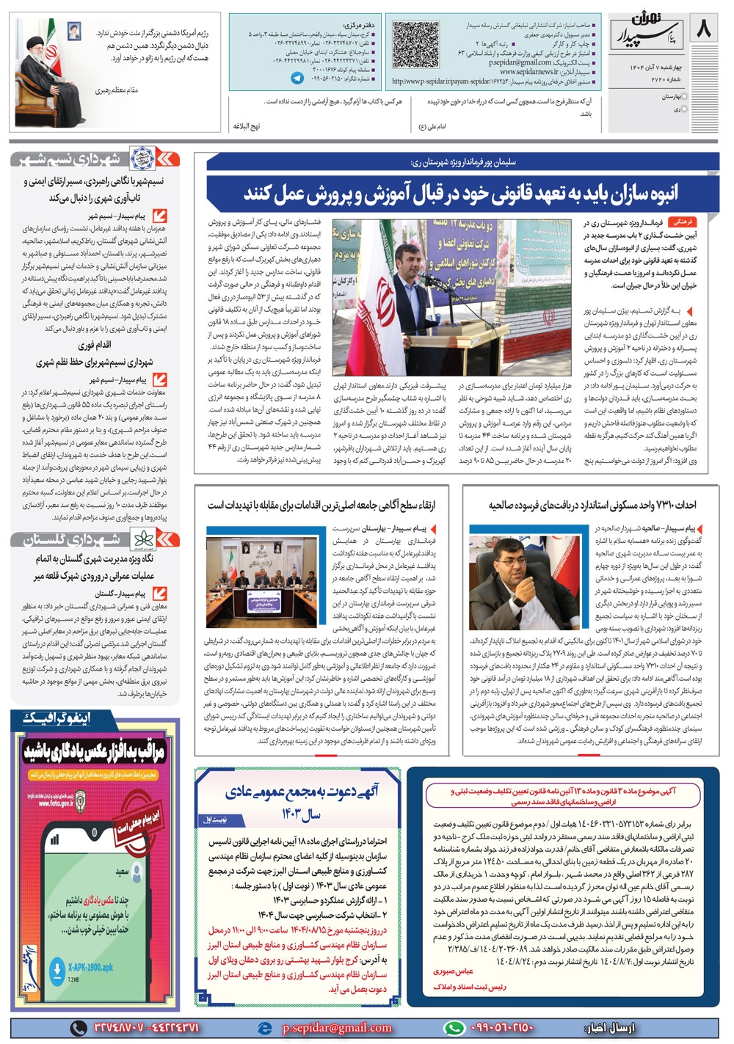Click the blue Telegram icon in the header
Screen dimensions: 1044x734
click(x=297, y=77)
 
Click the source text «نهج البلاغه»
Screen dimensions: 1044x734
click(x=247, y=126)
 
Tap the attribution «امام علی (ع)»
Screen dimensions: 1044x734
click(x=432, y=126)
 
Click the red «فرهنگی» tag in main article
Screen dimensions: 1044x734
click(x=682, y=221)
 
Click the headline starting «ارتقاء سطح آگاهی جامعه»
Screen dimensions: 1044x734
click(x=321, y=505)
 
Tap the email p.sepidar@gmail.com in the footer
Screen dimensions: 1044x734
click(x=337, y=1028)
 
